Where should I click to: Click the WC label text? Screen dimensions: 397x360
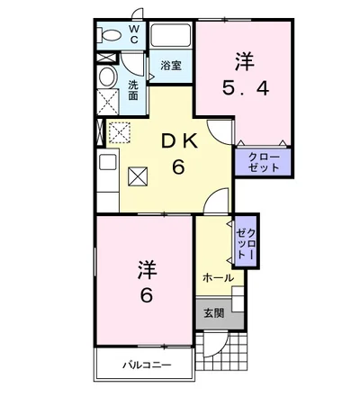click(133, 34)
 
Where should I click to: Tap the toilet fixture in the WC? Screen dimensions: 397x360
click(110, 34)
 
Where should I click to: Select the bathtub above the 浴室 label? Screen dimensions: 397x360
click(169, 38)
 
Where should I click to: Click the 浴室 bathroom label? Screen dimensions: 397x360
click(171, 65)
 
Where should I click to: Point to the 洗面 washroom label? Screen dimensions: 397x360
click(133, 89)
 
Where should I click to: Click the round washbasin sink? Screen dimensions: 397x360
click(107, 76)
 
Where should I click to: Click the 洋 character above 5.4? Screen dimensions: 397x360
click(245, 61)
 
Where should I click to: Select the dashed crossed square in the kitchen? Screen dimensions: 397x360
click(120, 133)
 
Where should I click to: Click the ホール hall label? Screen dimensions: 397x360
click(217, 278)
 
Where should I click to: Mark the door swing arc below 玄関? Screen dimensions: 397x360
click(214, 345)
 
